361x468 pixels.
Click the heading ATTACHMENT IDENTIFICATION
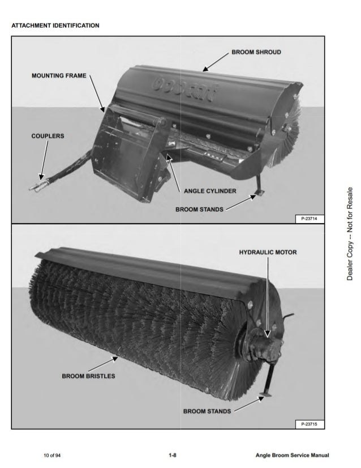[55, 25]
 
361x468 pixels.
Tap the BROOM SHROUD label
[256, 52]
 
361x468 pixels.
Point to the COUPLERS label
[48, 136]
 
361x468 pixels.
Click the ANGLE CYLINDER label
[210, 191]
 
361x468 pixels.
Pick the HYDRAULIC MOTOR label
[268, 252]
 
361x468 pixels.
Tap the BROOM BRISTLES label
[88, 376]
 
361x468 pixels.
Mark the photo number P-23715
[309, 424]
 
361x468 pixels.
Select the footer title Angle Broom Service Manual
[292, 455]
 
